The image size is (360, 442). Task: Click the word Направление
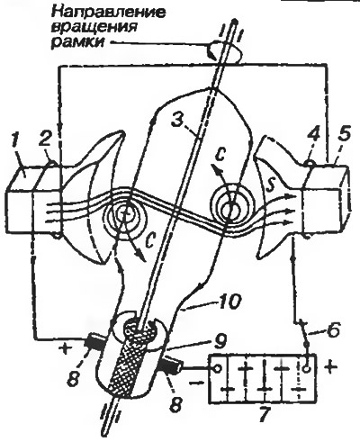pyautogui.click(x=109, y=12)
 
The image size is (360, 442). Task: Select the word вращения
pyautogui.click(x=94, y=27)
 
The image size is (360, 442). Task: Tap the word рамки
pyautogui.click(x=78, y=42)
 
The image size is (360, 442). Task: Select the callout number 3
pyautogui.click(x=177, y=121)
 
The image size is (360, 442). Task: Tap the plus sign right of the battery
pyautogui.click(x=329, y=368)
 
